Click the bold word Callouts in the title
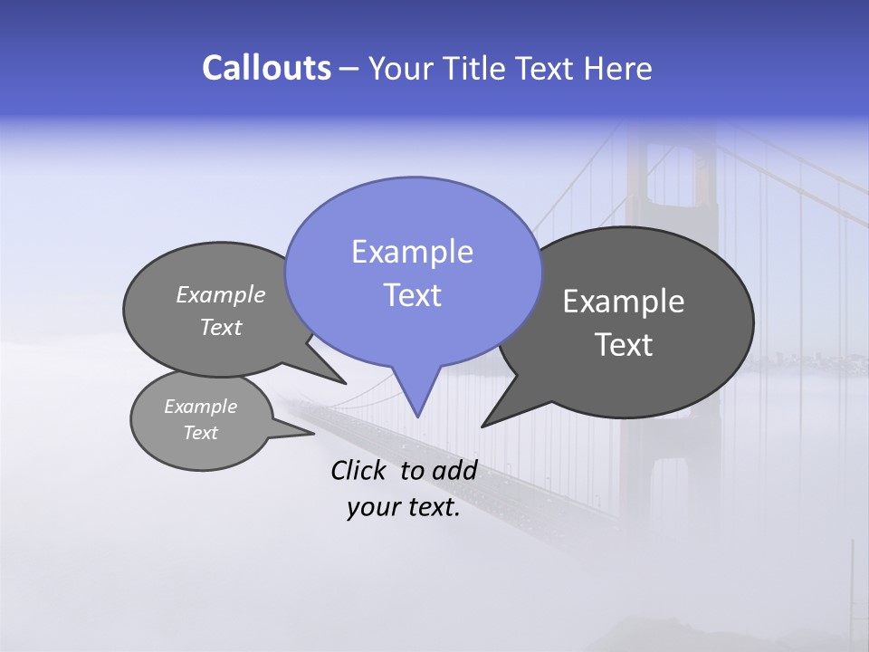(266, 68)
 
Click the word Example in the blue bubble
(412, 252)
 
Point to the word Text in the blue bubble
(412, 295)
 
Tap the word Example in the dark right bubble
(624, 302)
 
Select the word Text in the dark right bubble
(624, 345)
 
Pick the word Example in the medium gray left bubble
(221, 294)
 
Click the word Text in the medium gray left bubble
(221, 327)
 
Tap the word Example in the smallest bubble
(200, 407)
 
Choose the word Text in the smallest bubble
(200, 433)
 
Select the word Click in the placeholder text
(359, 470)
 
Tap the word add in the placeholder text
(454, 470)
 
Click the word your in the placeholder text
(371, 507)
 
